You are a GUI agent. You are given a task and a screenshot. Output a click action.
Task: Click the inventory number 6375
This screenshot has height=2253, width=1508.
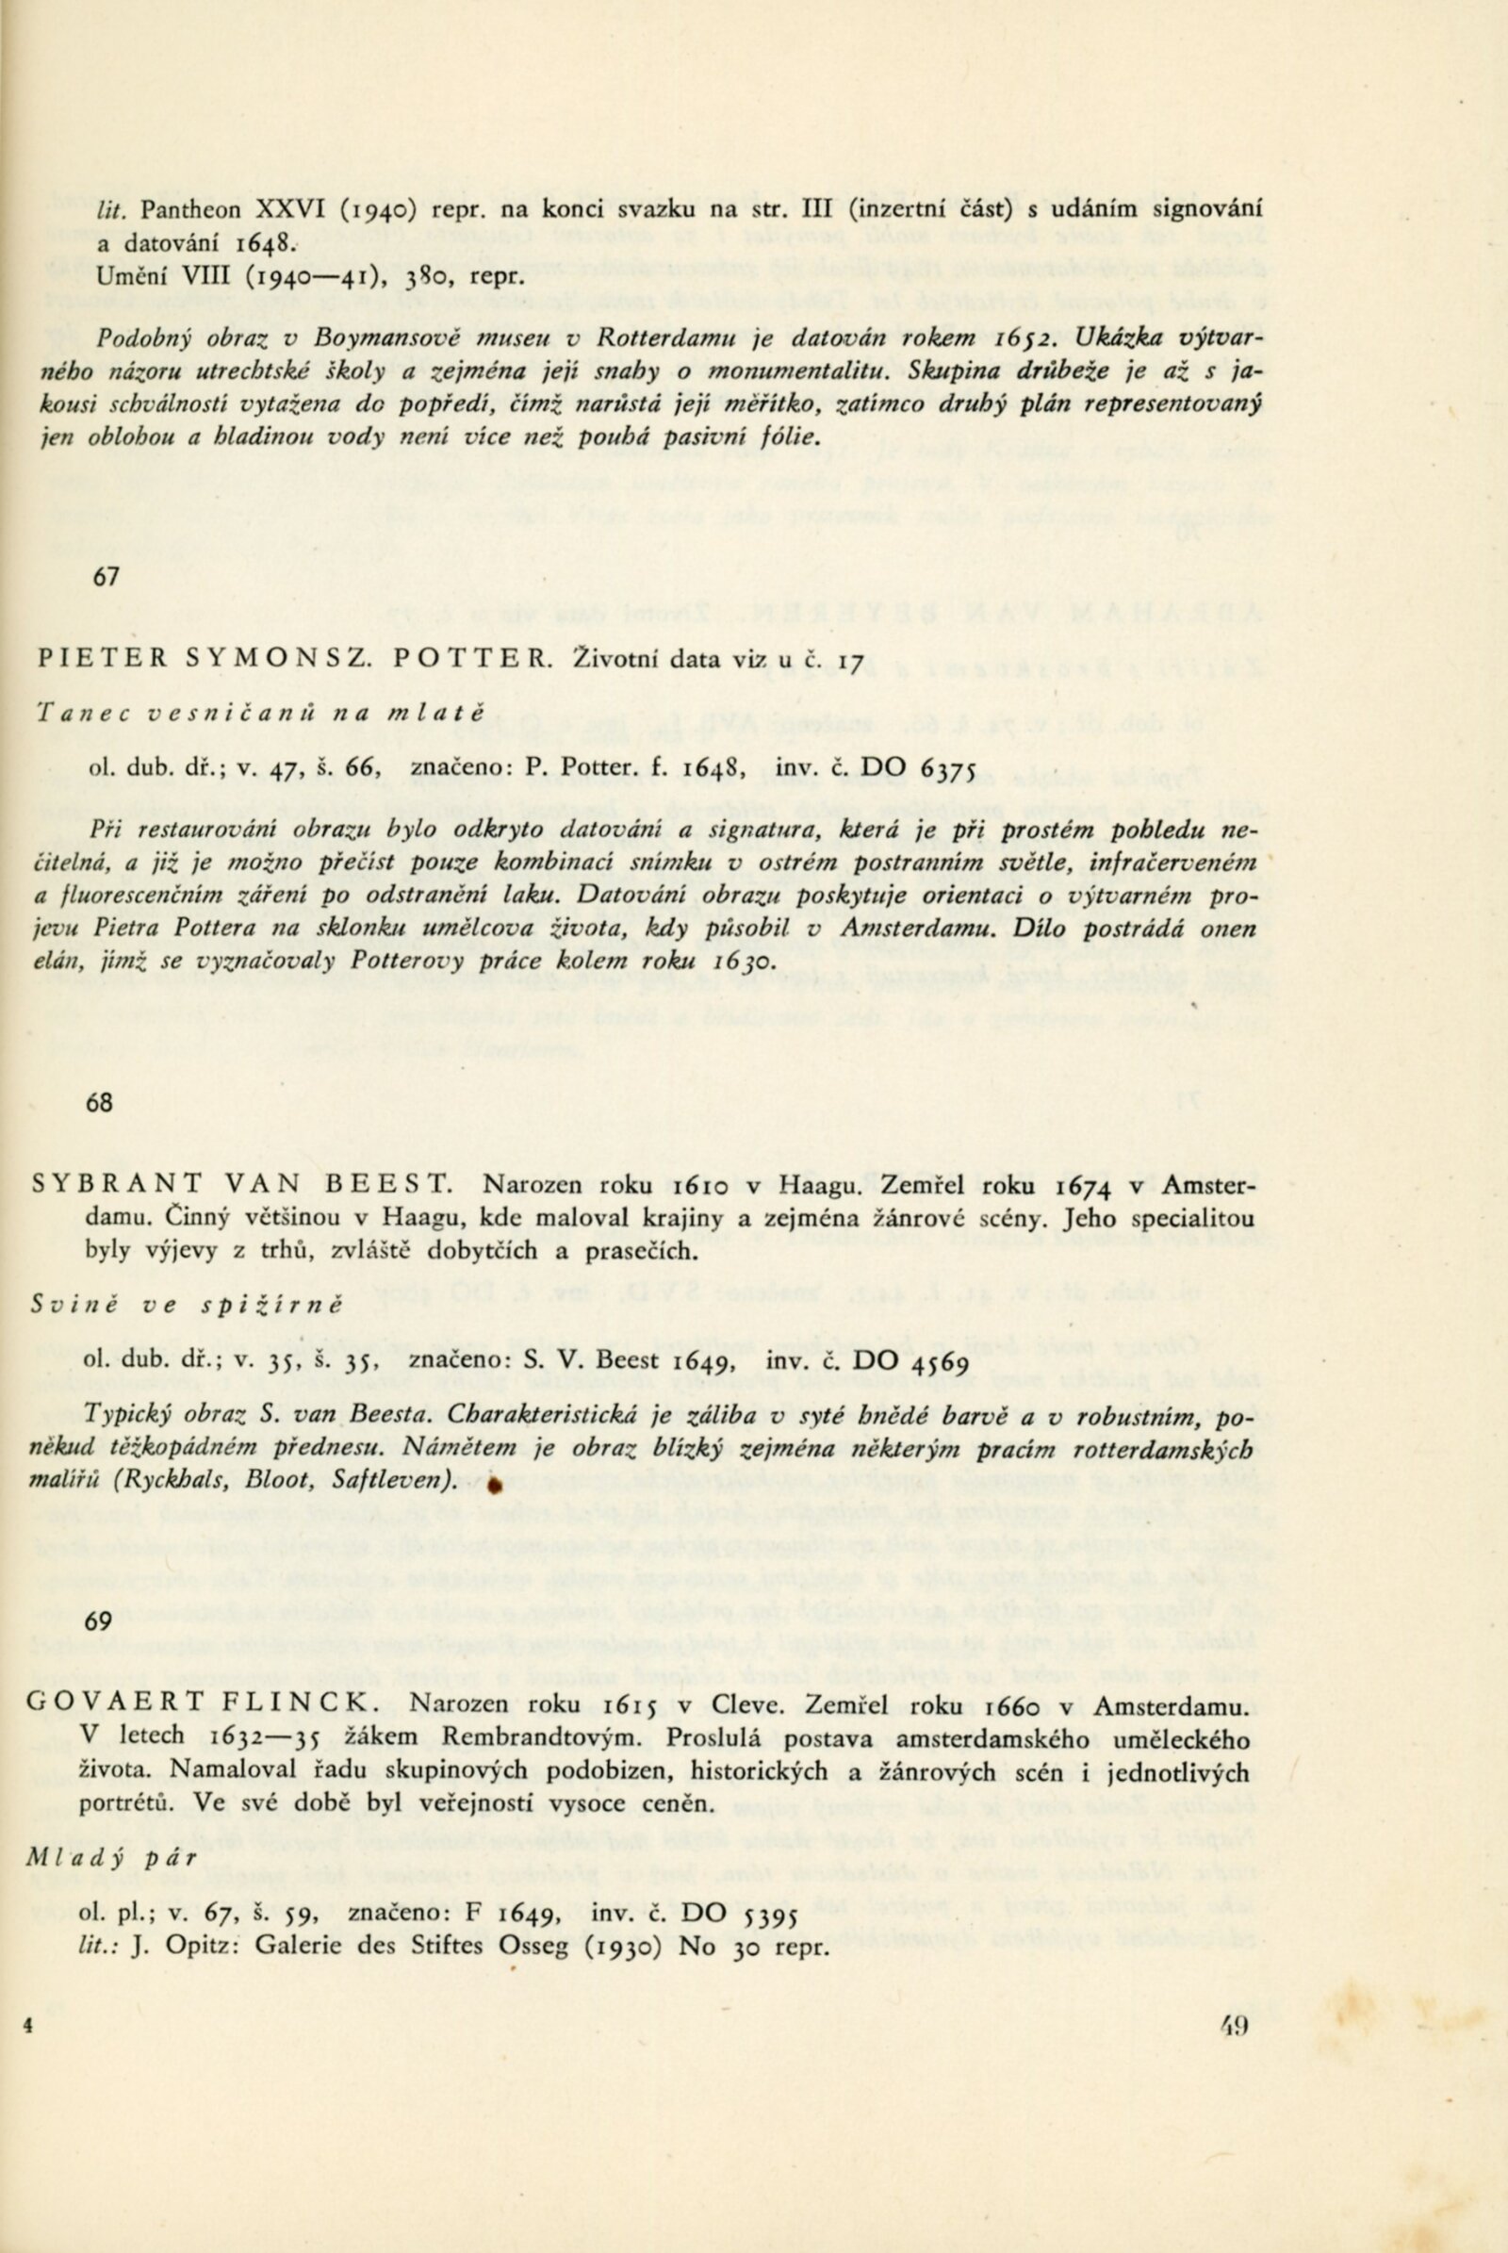coord(948,767)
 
